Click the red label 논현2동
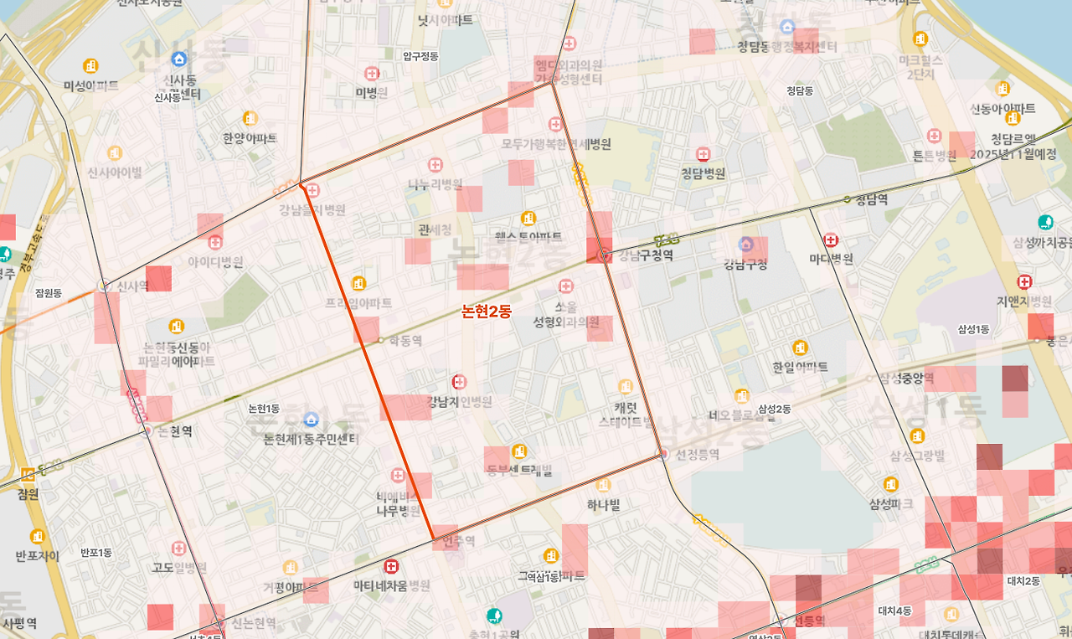tap(487, 312)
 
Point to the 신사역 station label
tap(131, 286)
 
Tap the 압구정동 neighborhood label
tap(420, 56)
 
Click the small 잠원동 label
tap(49, 293)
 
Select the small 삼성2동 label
tap(774, 409)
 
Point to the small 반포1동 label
tap(96, 553)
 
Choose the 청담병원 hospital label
tap(703, 174)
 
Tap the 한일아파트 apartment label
tap(800, 367)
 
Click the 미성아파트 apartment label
tap(90, 85)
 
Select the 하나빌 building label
tap(603, 504)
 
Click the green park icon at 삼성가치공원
tap(1044, 223)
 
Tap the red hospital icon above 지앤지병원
tap(1023, 281)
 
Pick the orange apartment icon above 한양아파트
tap(250, 118)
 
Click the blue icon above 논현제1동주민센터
tap(312, 420)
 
